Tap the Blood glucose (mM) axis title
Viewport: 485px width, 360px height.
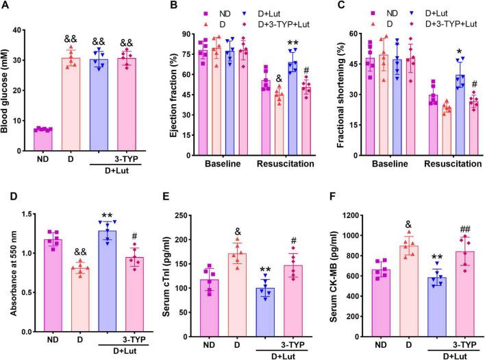coord(8,90)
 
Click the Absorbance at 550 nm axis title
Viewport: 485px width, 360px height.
coord(8,270)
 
